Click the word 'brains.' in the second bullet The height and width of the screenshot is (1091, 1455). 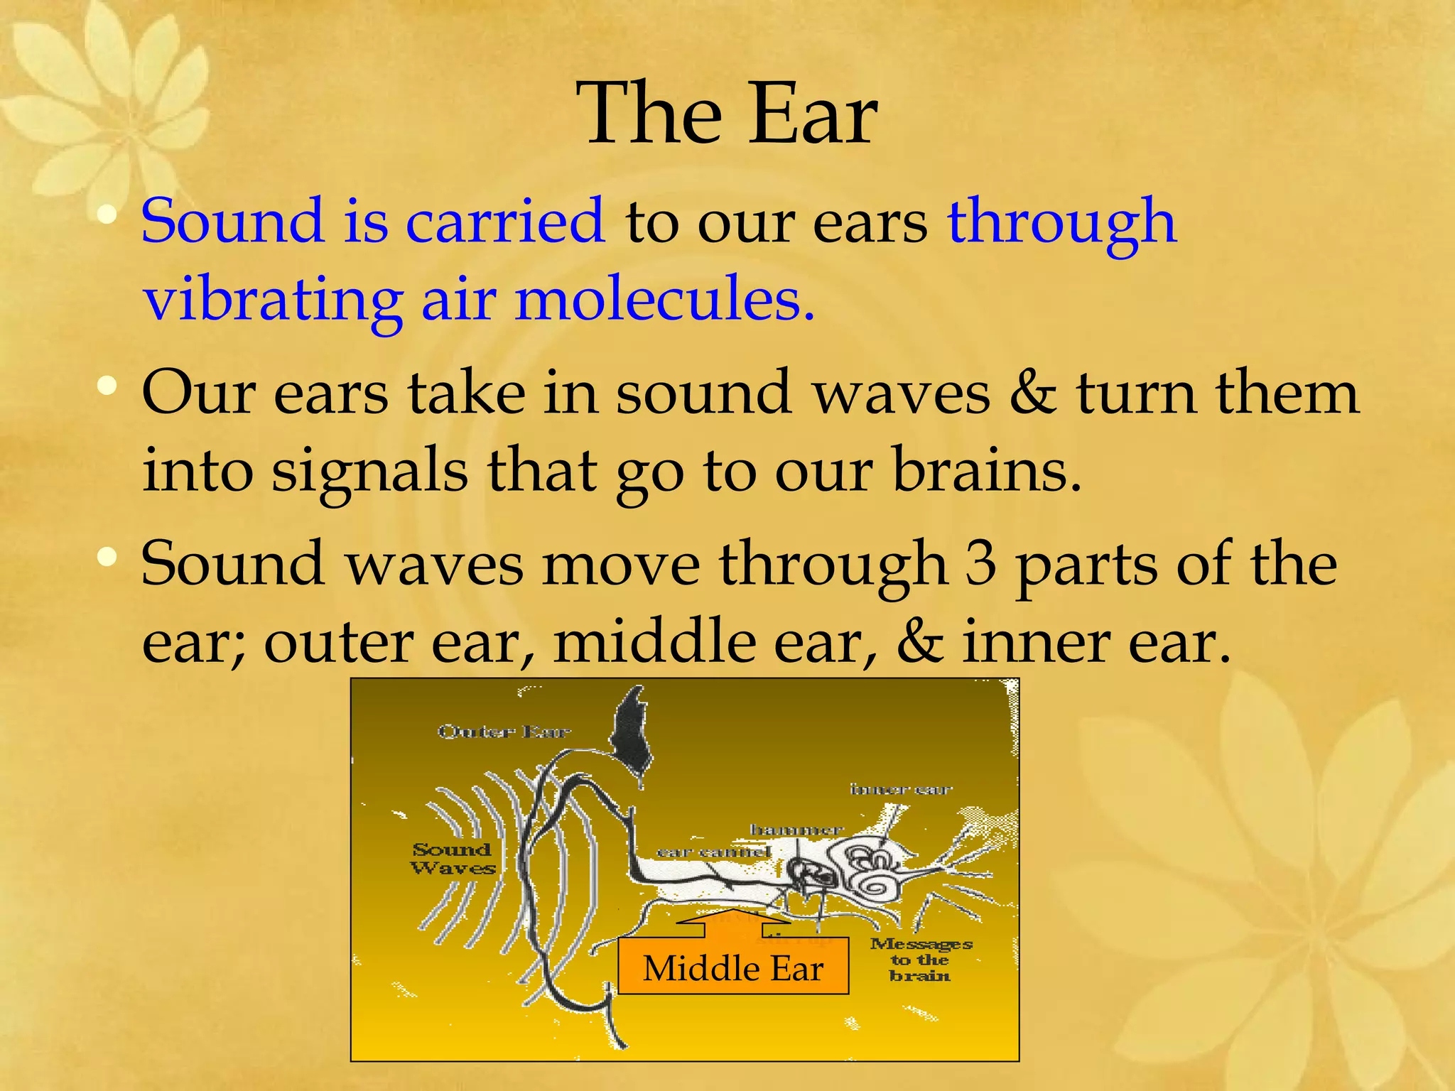tap(986, 470)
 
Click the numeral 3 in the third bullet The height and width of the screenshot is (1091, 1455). tap(980, 564)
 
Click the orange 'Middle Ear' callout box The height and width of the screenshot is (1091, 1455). tap(733, 967)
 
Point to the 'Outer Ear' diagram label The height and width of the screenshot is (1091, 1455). tap(504, 732)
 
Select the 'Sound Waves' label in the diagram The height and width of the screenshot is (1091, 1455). tap(453, 859)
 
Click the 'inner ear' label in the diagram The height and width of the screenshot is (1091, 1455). tap(900, 789)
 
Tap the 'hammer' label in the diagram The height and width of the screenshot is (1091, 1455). tap(796, 830)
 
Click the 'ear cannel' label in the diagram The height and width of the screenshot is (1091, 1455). tap(713, 852)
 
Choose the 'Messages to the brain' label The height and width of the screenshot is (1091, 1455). tap(921, 960)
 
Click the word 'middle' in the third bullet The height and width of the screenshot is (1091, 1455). tap(654, 642)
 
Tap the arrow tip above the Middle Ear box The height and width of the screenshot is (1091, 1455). tap(733, 911)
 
